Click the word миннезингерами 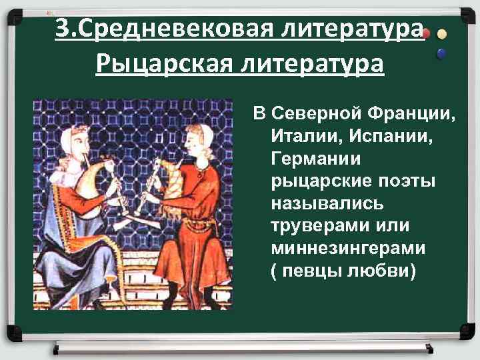pyautogui.click(x=348, y=248)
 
